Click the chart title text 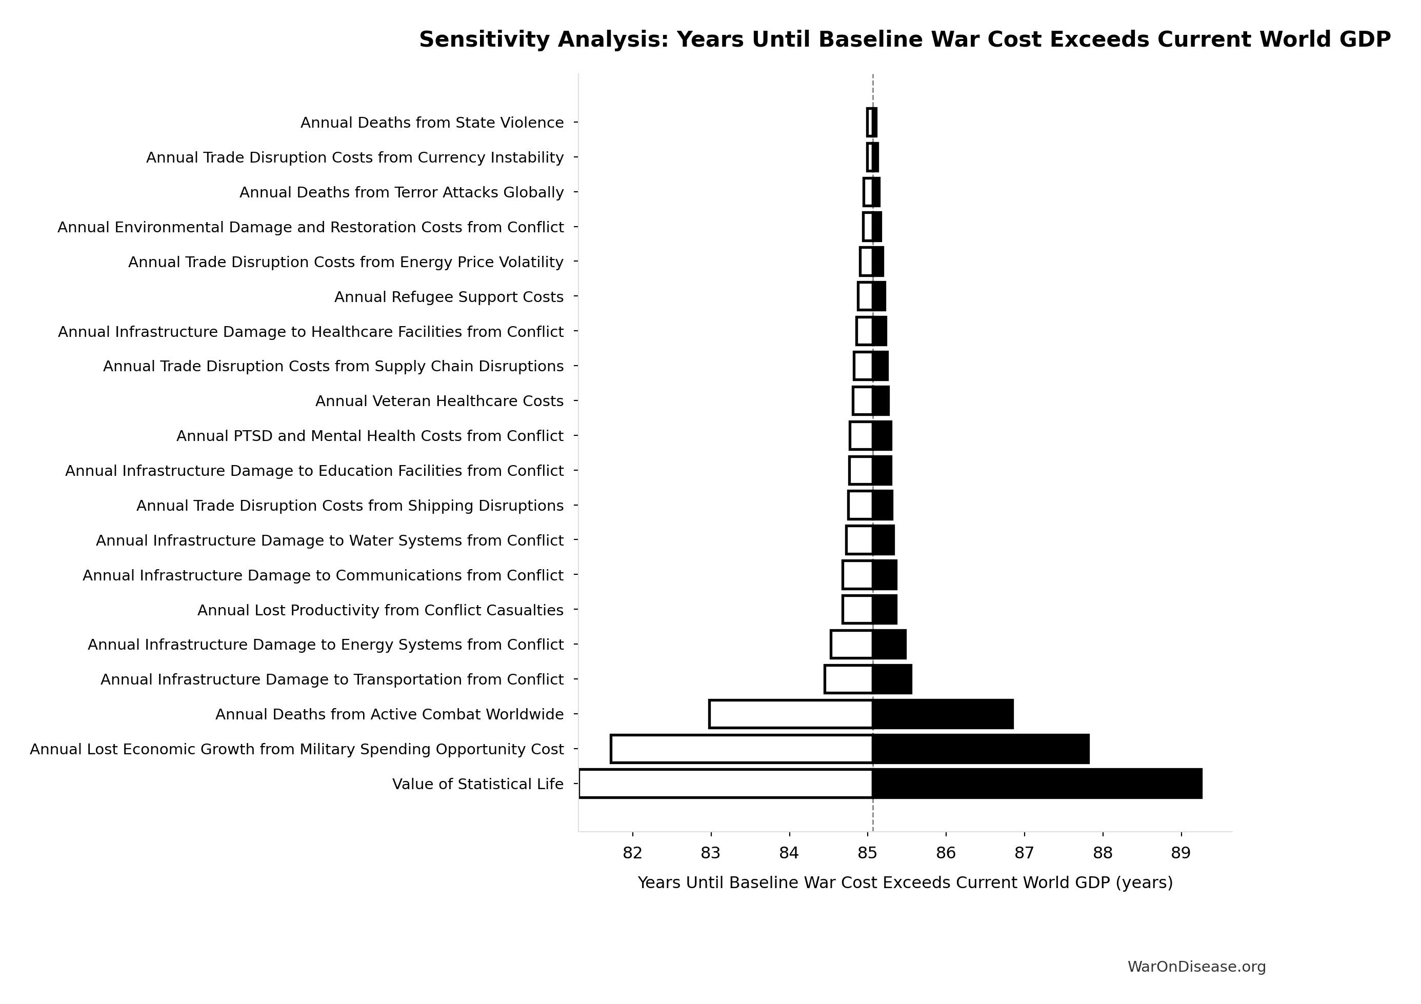pyautogui.click(x=905, y=39)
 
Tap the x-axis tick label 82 pyautogui.click(x=632, y=853)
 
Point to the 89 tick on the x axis pyautogui.click(x=1181, y=853)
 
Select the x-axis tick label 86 pyautogui.click(x=946, y=853)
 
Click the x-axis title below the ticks pyautogui.click(x=905, y=882)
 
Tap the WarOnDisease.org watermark pyautogui.click(x=1196, y=967)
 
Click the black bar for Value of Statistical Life pyautogui.click(x=1037, y=784)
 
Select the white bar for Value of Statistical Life pyautogui.click(x=725, y=784)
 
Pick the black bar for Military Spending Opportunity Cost pyautogui.click(x=980, y=749)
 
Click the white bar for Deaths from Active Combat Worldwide pyautogui.click(x=790, y=714)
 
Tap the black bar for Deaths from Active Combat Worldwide pyautogui.click(x=943, y=714)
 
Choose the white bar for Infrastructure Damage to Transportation pyautogui.click(x=849, y=679)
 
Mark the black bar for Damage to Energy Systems pyautogui.click(x=889, y=645)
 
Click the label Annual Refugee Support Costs pyautogui.click(x=449, y=297)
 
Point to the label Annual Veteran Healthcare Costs pyautogui.click(x=439, y=401)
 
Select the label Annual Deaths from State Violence pyautogui.click(x=432, y=123)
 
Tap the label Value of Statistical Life pyautogui.click(x=478, y=784)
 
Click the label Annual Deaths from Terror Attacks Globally pyautogui.click(x=402, y=192)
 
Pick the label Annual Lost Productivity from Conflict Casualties pyautogui.click(x=380, y=610)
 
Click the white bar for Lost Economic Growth pyautogui.click(x=742, y=749)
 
